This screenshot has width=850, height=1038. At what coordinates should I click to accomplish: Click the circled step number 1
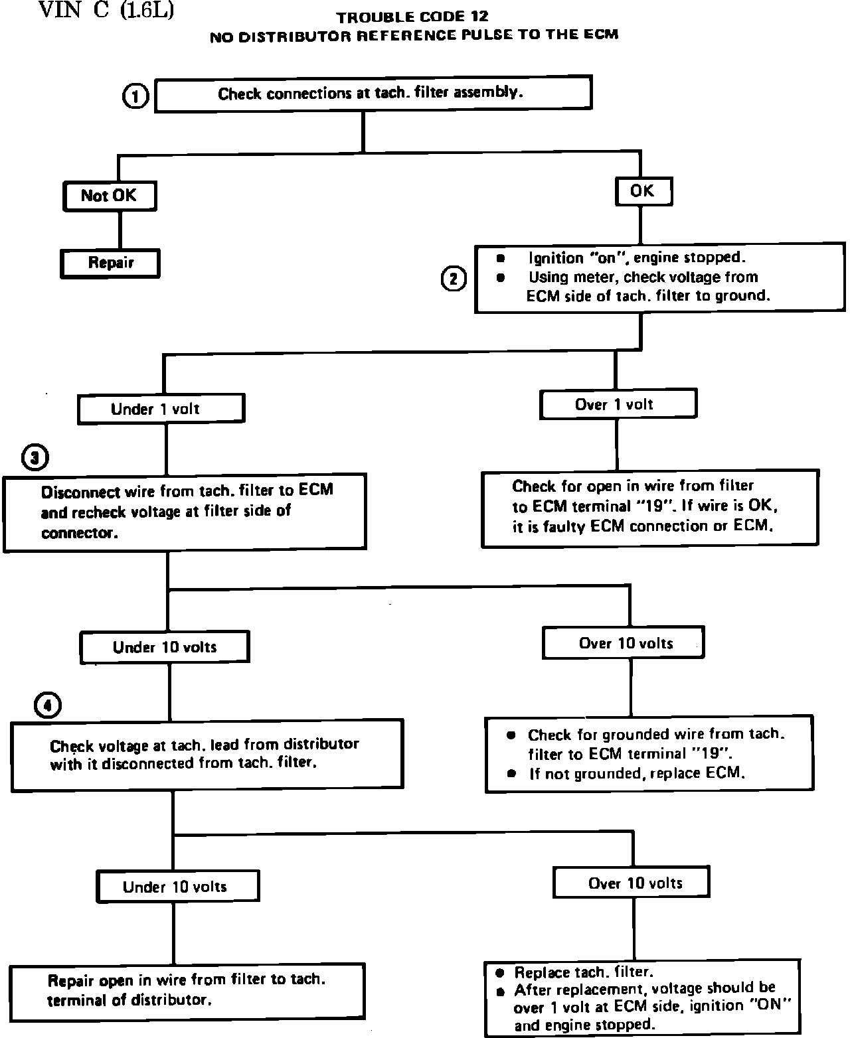click(135, 97)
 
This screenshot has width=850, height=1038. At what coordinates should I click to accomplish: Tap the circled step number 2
click(454, 279)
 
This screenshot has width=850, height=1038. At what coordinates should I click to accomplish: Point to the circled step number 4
click(48, 706)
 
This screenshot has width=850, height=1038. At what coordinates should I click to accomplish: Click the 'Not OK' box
click(110, 196)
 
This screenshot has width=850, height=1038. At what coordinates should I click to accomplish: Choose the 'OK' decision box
click(642, 192)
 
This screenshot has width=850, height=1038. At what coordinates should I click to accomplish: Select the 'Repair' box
click(110, 263)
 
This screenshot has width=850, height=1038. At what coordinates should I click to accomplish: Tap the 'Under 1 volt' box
click(161, 409)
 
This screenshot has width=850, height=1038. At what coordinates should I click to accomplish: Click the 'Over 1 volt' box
click(618, 404)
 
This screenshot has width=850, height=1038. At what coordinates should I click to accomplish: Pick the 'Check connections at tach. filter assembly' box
click(372, 93)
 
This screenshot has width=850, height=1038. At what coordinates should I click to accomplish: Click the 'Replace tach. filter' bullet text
click(584, 972)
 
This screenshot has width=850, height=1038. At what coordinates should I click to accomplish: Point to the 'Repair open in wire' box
click(187, 990)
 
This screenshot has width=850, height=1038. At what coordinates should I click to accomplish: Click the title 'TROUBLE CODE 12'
click(412, 17)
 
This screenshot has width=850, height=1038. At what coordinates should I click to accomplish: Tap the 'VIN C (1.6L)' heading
click(106, 11)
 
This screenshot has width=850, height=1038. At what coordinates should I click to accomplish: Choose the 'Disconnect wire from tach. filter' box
click(185, 511)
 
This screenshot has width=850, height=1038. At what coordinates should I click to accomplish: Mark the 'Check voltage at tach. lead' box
click(207, 754)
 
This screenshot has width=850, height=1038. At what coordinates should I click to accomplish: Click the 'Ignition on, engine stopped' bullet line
click(636, 258)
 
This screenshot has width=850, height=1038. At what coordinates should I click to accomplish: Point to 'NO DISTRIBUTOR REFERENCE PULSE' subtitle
click(414, 35)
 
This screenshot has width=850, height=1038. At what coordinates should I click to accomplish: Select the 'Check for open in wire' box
click(649, 508)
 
